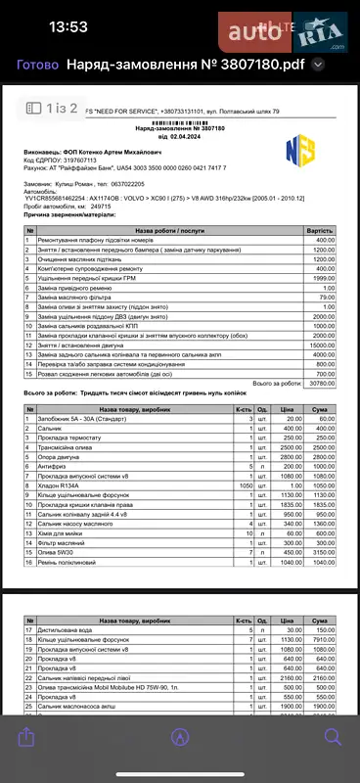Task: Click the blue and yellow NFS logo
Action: [298, 150]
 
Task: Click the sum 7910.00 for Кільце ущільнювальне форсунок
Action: [323, 637]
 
